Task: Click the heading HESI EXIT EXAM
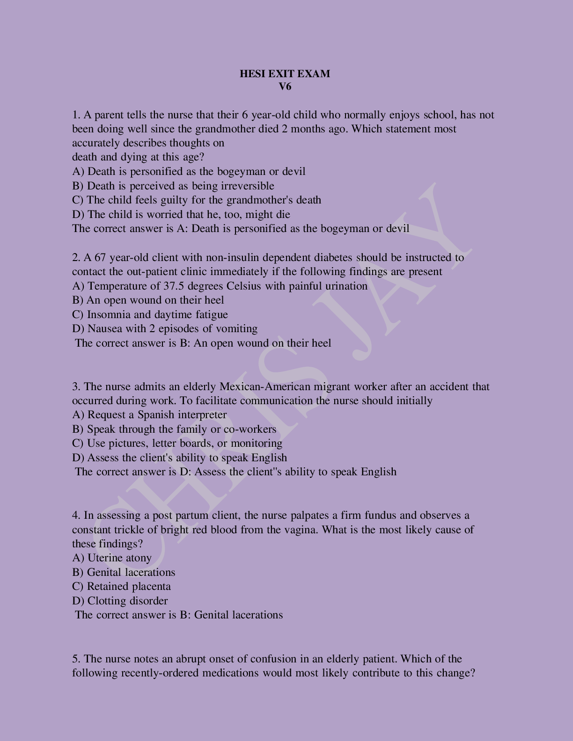coord(285,73)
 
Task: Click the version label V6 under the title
coord(285,87)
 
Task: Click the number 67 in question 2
coord(100,257)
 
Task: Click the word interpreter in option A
coord(202,415)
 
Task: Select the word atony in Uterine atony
coord(137,558)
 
